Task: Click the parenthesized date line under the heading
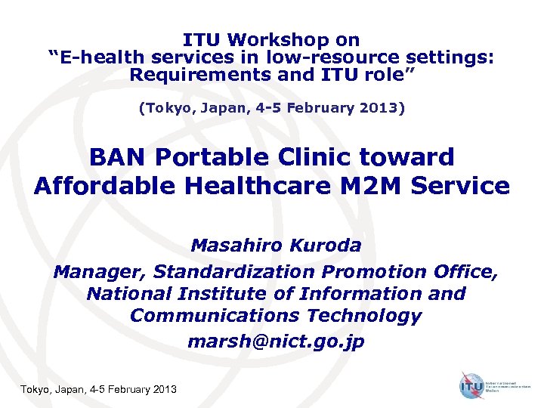coord(271,108)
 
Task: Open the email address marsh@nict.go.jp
coord(275,342)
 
